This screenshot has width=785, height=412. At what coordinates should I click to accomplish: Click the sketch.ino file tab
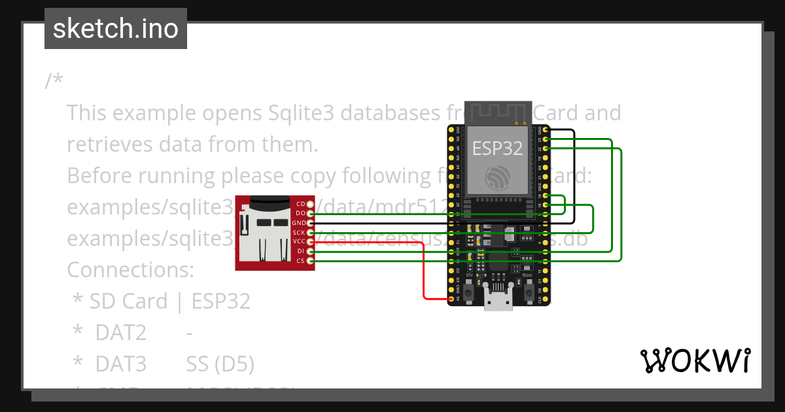(x=116, y=29)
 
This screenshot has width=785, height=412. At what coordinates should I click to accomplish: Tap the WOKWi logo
(x=695, y=360)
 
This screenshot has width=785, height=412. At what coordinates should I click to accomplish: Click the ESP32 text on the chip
(x=498, y=148)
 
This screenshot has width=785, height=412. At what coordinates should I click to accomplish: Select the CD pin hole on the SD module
(x=310, y=205)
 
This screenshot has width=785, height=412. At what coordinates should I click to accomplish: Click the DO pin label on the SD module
(x=300, y=214)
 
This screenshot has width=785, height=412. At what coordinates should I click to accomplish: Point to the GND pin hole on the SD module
(x=310, y=223)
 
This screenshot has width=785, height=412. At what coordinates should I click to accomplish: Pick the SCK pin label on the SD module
(x=299, y=233)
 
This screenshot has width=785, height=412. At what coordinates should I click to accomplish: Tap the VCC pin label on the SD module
(x=299, y=242)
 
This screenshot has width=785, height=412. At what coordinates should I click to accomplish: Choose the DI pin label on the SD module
(x=300, y=251)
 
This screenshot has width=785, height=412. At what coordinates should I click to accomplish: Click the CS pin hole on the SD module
(x=310, y=261)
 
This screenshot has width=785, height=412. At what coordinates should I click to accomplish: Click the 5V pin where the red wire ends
(x=451, y=299)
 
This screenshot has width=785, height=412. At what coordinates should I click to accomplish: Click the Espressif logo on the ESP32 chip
(x=498, y=177)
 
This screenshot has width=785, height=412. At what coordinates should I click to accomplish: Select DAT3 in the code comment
(x=120, y=364)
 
